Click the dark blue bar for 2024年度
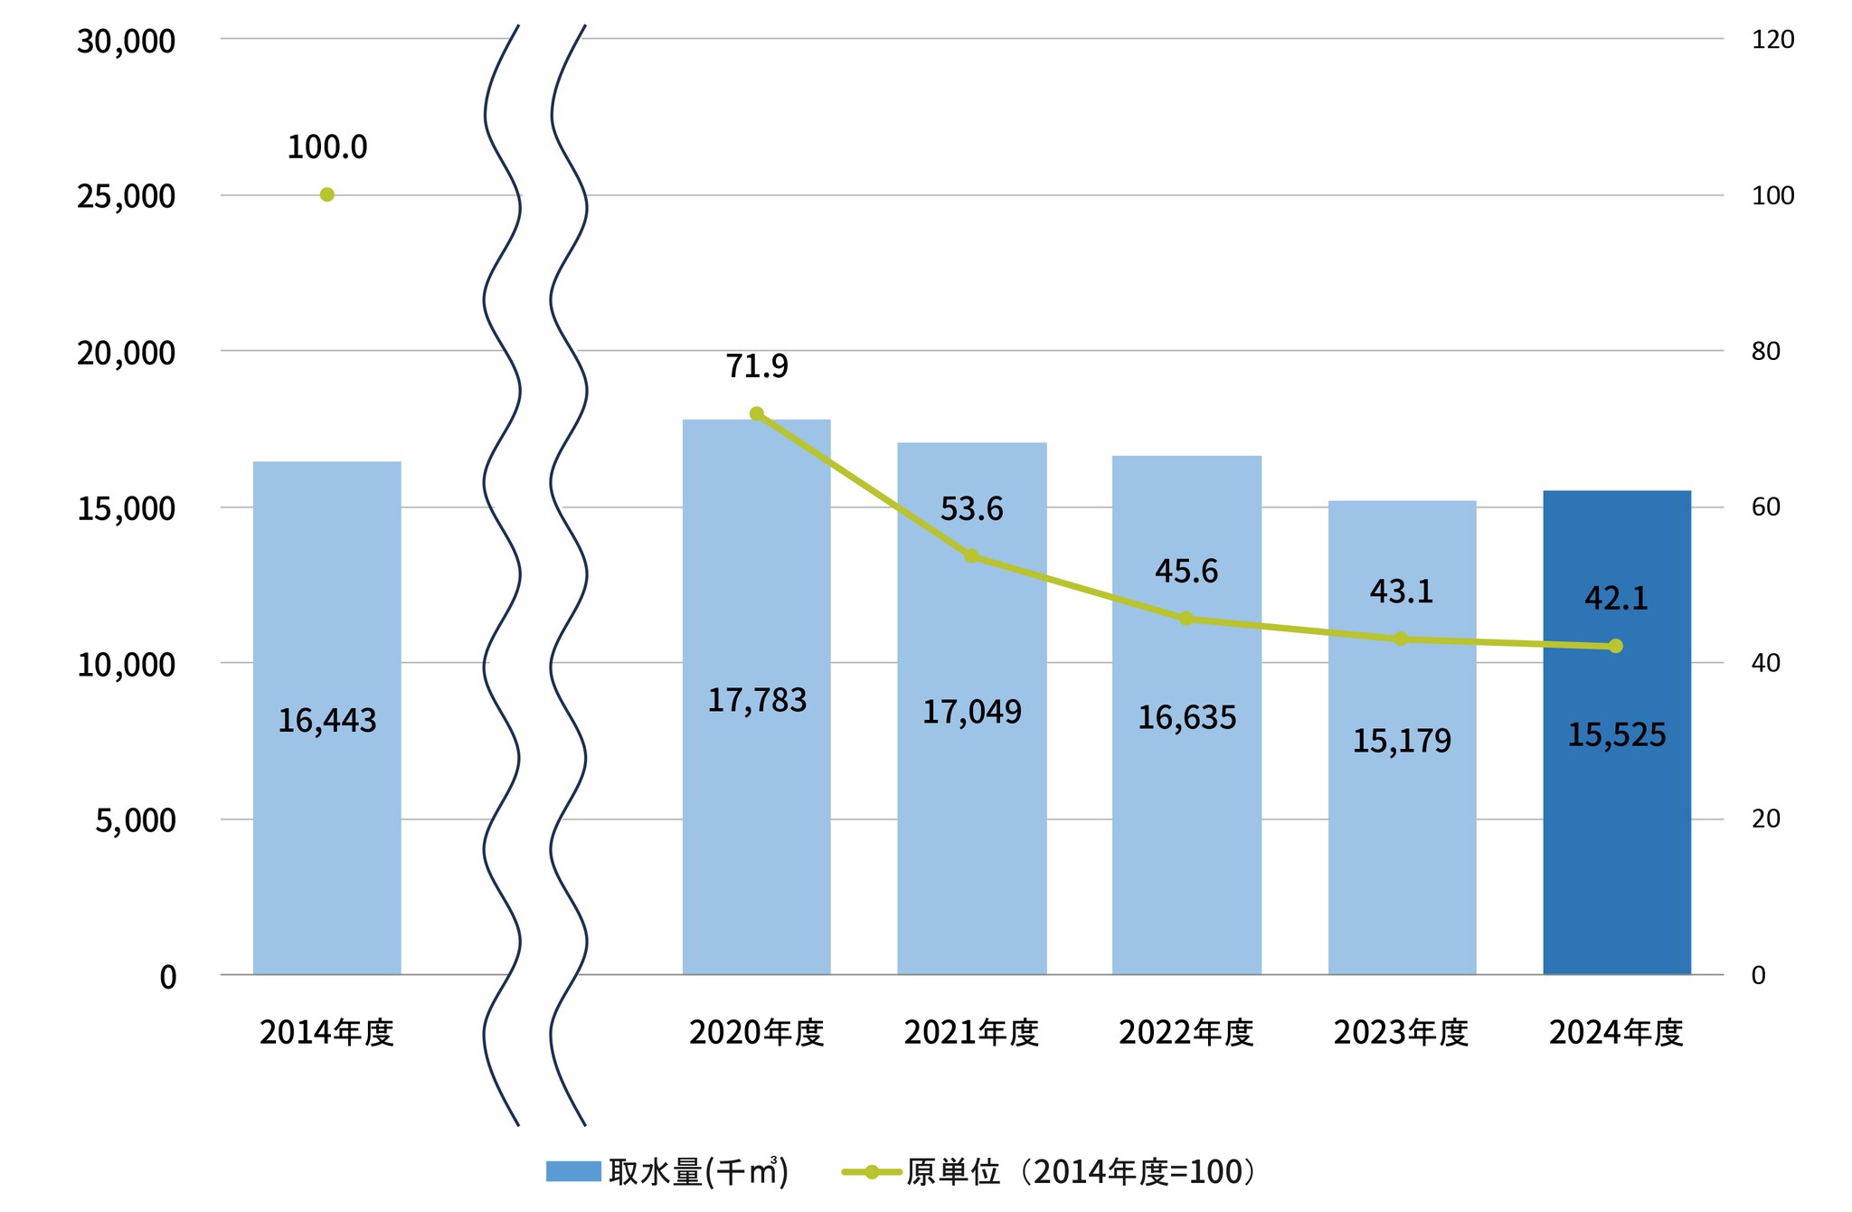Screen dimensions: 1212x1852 (1616, 814)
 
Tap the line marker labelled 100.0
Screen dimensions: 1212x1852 (327, 194)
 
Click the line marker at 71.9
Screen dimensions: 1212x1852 (757, 413)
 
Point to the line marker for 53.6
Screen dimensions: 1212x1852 (971, 555)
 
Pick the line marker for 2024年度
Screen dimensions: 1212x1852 (1616, 646)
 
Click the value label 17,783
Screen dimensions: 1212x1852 (756, 700)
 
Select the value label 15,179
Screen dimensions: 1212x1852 (1401, 741)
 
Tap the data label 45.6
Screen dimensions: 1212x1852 (1186, 571)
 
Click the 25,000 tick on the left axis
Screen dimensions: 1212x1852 (126, 195)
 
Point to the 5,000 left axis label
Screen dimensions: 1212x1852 (135, 820)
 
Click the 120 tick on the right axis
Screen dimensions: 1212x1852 (1772, 40)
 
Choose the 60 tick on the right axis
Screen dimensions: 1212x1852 (1765, 507)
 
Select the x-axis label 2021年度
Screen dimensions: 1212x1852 (971, 1032)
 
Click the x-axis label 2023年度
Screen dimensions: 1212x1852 (1401, 1032)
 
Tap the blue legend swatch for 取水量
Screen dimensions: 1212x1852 (573, 1171)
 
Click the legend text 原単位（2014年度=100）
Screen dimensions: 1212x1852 (1081, 1171)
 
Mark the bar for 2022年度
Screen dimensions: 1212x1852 (1186, 814)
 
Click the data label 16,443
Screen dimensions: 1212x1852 (326, 720)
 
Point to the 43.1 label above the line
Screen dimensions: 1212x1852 (1401, 592)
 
